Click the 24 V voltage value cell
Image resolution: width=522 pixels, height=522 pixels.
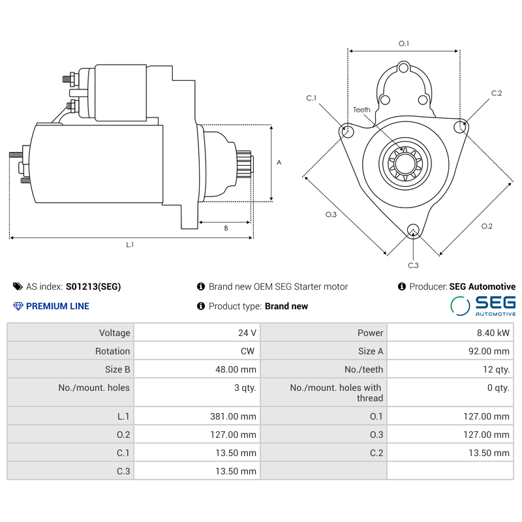(x=247, y=333)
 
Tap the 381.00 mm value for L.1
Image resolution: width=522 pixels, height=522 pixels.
(x=236, y=416)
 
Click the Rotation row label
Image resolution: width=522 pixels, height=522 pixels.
(x=112, y=351)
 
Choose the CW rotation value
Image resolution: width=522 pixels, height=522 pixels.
(x=247, y=351)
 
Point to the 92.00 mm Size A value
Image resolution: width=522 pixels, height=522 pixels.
(x=486, y=351)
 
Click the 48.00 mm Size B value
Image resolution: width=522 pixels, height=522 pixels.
(x=236, y=369)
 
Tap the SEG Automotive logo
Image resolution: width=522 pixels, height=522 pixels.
(x=484, y=305)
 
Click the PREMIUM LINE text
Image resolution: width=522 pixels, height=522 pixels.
(x=57, y=306)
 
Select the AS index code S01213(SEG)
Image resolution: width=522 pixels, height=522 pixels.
(x=93, y=286)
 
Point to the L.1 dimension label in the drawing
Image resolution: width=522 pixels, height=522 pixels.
(x=130, y=245)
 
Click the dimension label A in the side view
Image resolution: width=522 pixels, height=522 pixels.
(x=279, y=162)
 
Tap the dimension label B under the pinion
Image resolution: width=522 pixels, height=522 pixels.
(x=226, y=228)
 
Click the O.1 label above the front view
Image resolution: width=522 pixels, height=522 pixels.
(x=404, y=44)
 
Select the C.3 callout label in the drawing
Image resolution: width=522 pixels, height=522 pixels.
(x=413, y=265)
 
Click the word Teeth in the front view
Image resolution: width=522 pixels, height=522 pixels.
(x=361, y=110)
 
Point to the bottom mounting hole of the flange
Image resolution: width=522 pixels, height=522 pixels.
(x=412, y=229)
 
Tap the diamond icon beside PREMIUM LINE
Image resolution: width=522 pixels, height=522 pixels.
(x=18, y=306)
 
